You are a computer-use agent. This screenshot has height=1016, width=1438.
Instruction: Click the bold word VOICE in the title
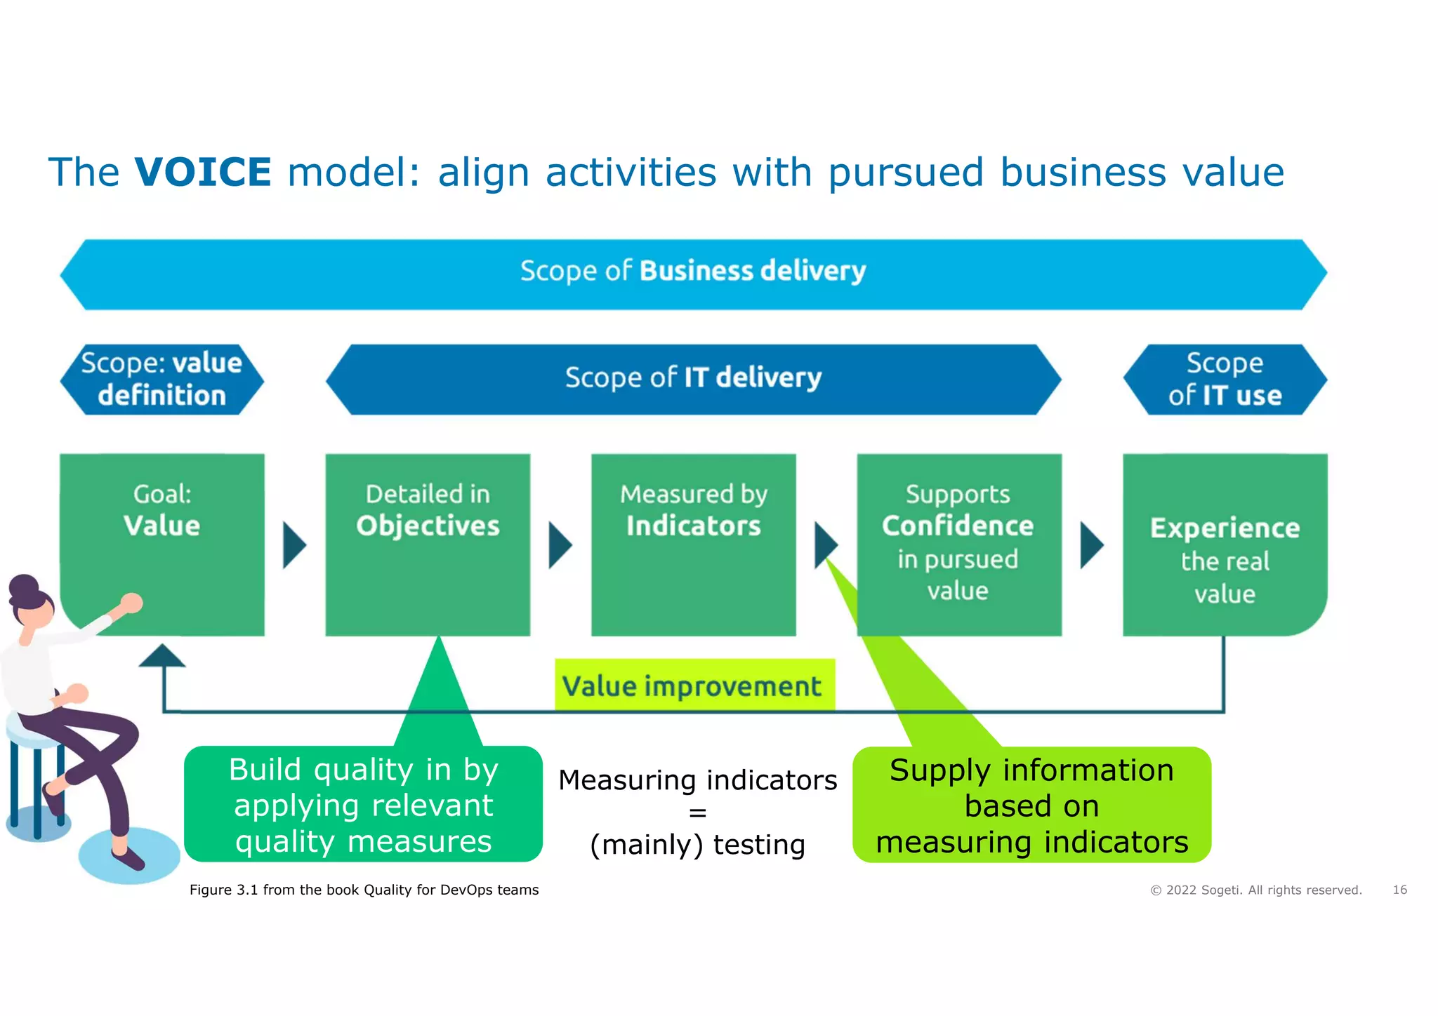(x=202, y=173)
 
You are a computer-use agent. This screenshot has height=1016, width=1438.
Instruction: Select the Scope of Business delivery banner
(x=693, y=274)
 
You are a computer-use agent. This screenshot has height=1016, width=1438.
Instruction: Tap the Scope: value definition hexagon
(x=161, y=380)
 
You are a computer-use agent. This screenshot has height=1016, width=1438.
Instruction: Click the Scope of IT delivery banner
(x=693, y=379)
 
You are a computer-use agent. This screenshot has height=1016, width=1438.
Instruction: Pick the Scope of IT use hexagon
(x=1225, y=380)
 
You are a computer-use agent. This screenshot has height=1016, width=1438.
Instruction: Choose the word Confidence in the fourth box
(x=958, y=526)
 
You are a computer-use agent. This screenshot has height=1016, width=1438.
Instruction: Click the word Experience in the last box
(x=1225, y=528)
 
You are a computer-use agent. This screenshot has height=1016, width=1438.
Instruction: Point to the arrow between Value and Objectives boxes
(x=294, y=544)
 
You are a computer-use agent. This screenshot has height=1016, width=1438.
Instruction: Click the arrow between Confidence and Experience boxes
(x=1091, y=544)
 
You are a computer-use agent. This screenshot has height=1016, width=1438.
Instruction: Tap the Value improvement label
(x=693, y=686)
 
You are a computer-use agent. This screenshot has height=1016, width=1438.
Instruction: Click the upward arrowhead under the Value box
(x=162, y=656)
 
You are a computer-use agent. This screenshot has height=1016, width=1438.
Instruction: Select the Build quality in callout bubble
(x=363, y=805)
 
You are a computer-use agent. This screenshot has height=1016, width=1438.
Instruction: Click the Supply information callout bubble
(x=1031, y=806)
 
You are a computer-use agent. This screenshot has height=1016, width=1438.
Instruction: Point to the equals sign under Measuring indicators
(x=697, y=813)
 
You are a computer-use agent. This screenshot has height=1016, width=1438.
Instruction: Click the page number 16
(x=1399, y=890)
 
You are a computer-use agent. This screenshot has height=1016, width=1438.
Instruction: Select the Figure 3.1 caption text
(x=364, y=890)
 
